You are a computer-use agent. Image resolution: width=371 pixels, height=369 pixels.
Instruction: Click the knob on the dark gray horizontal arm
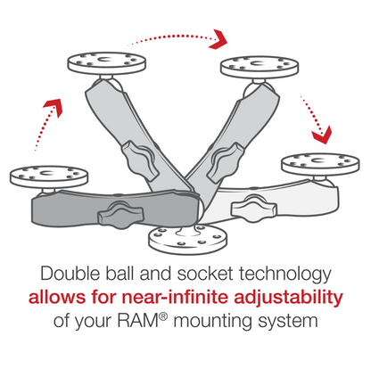(x=117, y=215)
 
